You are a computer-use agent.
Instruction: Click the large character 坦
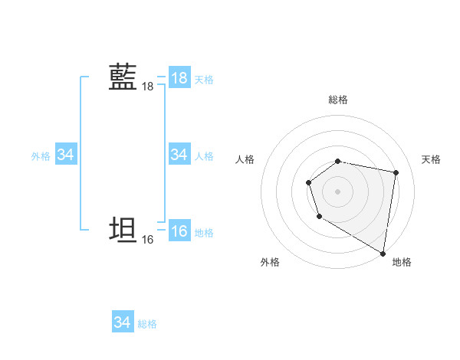123,231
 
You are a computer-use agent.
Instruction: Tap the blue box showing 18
179,78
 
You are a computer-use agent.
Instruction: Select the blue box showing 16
179,231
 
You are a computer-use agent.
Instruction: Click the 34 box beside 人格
179,155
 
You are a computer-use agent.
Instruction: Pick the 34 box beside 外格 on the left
66,155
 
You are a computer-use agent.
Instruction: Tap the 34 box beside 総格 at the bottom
123,322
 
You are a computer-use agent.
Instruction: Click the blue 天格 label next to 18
204,80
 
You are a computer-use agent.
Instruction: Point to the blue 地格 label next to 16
204,233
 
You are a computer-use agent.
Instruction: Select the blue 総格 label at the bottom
147,324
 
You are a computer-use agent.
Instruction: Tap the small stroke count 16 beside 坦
147,240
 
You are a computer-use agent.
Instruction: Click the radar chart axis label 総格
338,100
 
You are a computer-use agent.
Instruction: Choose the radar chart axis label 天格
431,159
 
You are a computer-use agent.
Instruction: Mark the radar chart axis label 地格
402,262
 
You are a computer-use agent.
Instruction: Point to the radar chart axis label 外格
270,262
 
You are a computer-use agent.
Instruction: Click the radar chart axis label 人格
245,159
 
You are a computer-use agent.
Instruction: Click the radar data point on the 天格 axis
396,172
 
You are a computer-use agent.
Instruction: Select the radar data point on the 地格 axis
383,253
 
